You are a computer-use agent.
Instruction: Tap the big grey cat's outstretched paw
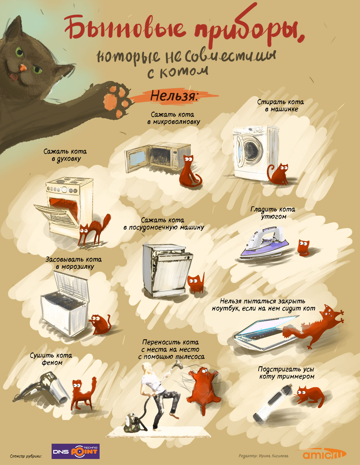coord(117,99)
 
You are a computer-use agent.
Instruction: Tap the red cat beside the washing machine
coord(278,174)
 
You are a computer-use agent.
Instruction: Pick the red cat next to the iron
coord(303,247)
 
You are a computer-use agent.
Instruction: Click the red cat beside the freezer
coord(100,324)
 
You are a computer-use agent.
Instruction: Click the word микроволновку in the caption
coord(177,122)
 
